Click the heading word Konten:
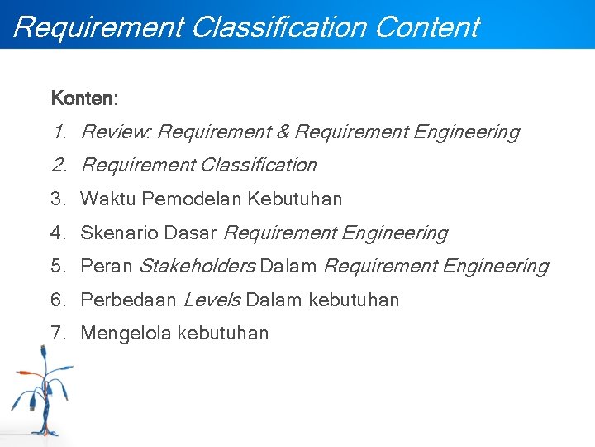click(84, 99)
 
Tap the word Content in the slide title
click(426, 27)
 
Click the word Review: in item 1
click(117, 132)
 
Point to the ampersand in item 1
click(282, 132)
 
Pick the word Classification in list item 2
click(258, 166)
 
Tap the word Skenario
click(119, 233)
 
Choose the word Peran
click(106, 267)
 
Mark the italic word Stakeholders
click(196, 267)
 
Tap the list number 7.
click(57, 334)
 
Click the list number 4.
click(57, 233)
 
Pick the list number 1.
click(58, 132)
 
